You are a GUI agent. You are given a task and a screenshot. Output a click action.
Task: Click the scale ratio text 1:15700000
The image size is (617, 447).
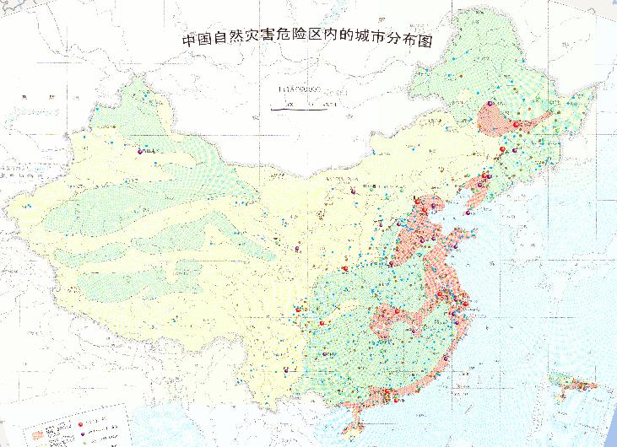pyautogui.click(x=303, y=88)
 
